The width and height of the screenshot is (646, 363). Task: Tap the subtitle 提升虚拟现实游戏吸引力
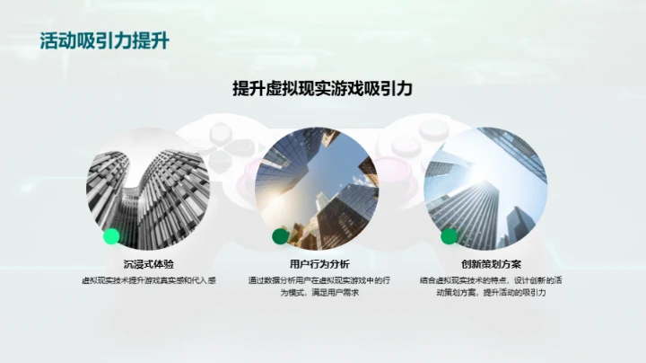(322, 88)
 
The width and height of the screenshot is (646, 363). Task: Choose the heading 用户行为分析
(320, 263)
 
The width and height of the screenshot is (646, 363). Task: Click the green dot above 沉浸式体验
(111, 236)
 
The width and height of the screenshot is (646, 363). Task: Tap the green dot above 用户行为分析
(281, 236)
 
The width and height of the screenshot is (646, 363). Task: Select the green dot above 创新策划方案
(449, 236)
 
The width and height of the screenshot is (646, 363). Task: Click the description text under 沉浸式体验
(149, 280)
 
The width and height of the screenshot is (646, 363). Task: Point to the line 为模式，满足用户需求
(320, 294)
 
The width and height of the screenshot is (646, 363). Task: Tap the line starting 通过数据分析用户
(320, 280)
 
